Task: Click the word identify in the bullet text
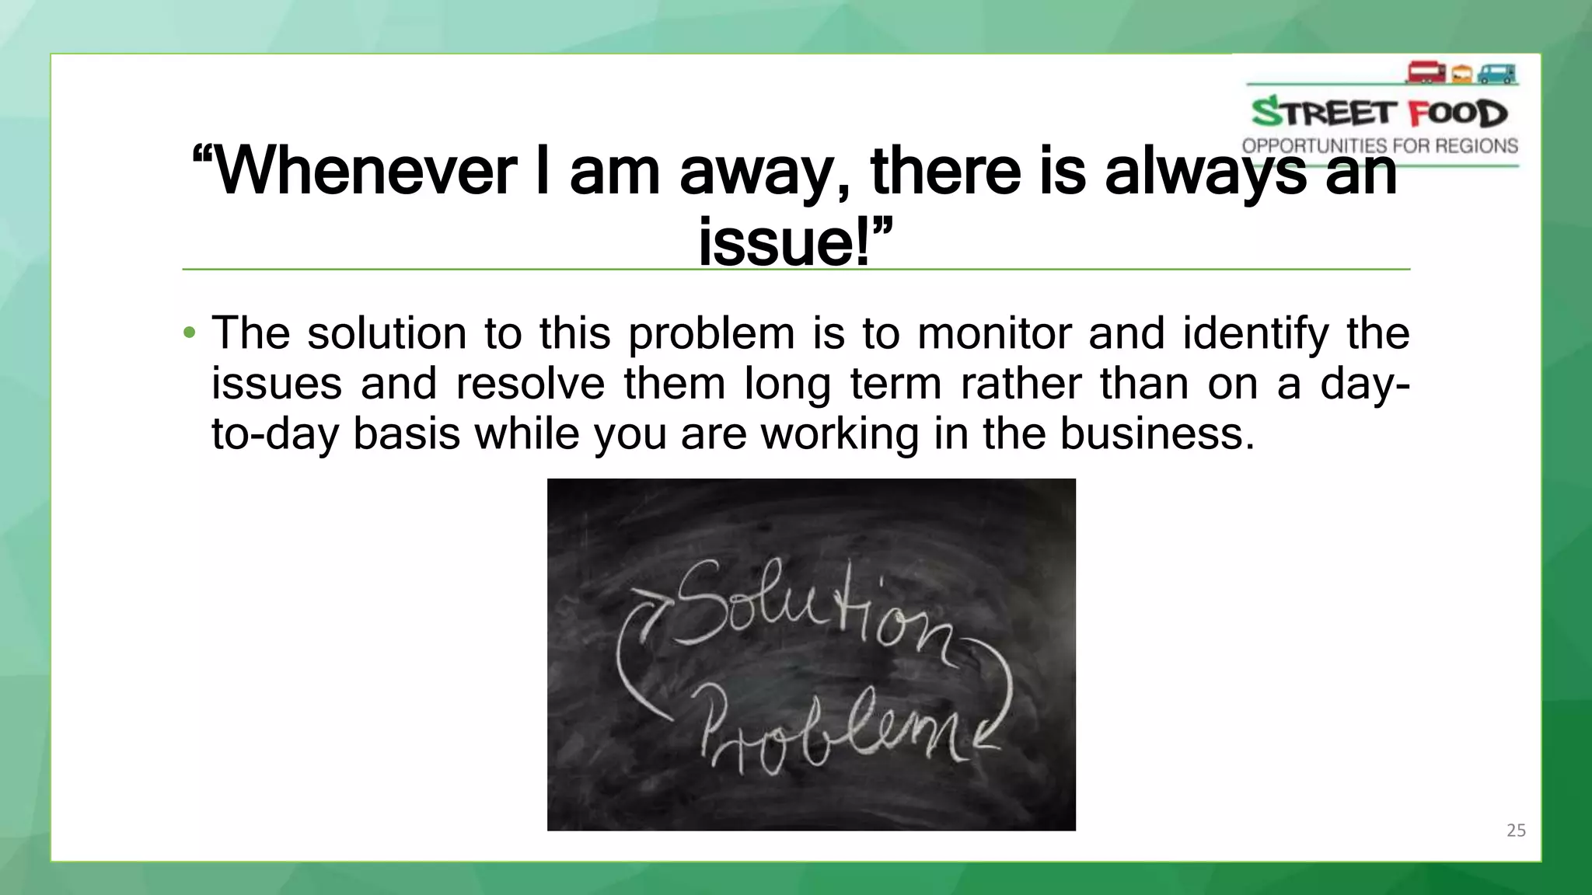[1255, 334]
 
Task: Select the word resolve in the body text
[530, 384]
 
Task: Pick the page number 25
[1516, 831]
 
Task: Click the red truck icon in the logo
[1426, 73]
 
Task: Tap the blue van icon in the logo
[1496, 74]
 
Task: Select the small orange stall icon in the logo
[1461, 75]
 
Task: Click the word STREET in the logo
[1324, 113]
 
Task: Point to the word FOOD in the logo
[1458, 114]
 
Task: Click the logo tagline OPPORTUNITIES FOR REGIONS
[1380, 146]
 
